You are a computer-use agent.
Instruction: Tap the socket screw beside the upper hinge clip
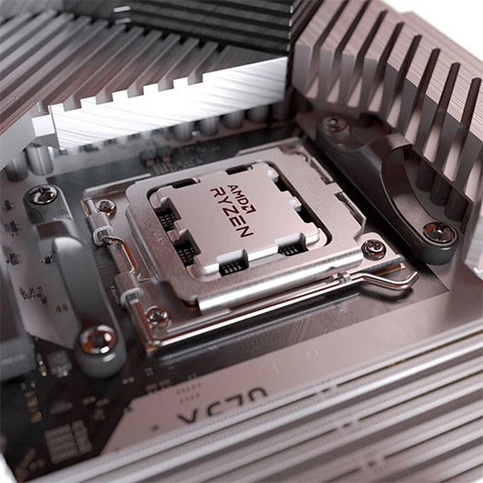pyautogui.click(x=105, y=207)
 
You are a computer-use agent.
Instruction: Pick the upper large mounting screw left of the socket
pyautogui.click(x=41, y=195)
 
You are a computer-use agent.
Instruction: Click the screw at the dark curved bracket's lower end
pyautogui.click(x=439, y=232)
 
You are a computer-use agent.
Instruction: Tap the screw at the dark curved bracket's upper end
pyautogui.click(x=334, y=125)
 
